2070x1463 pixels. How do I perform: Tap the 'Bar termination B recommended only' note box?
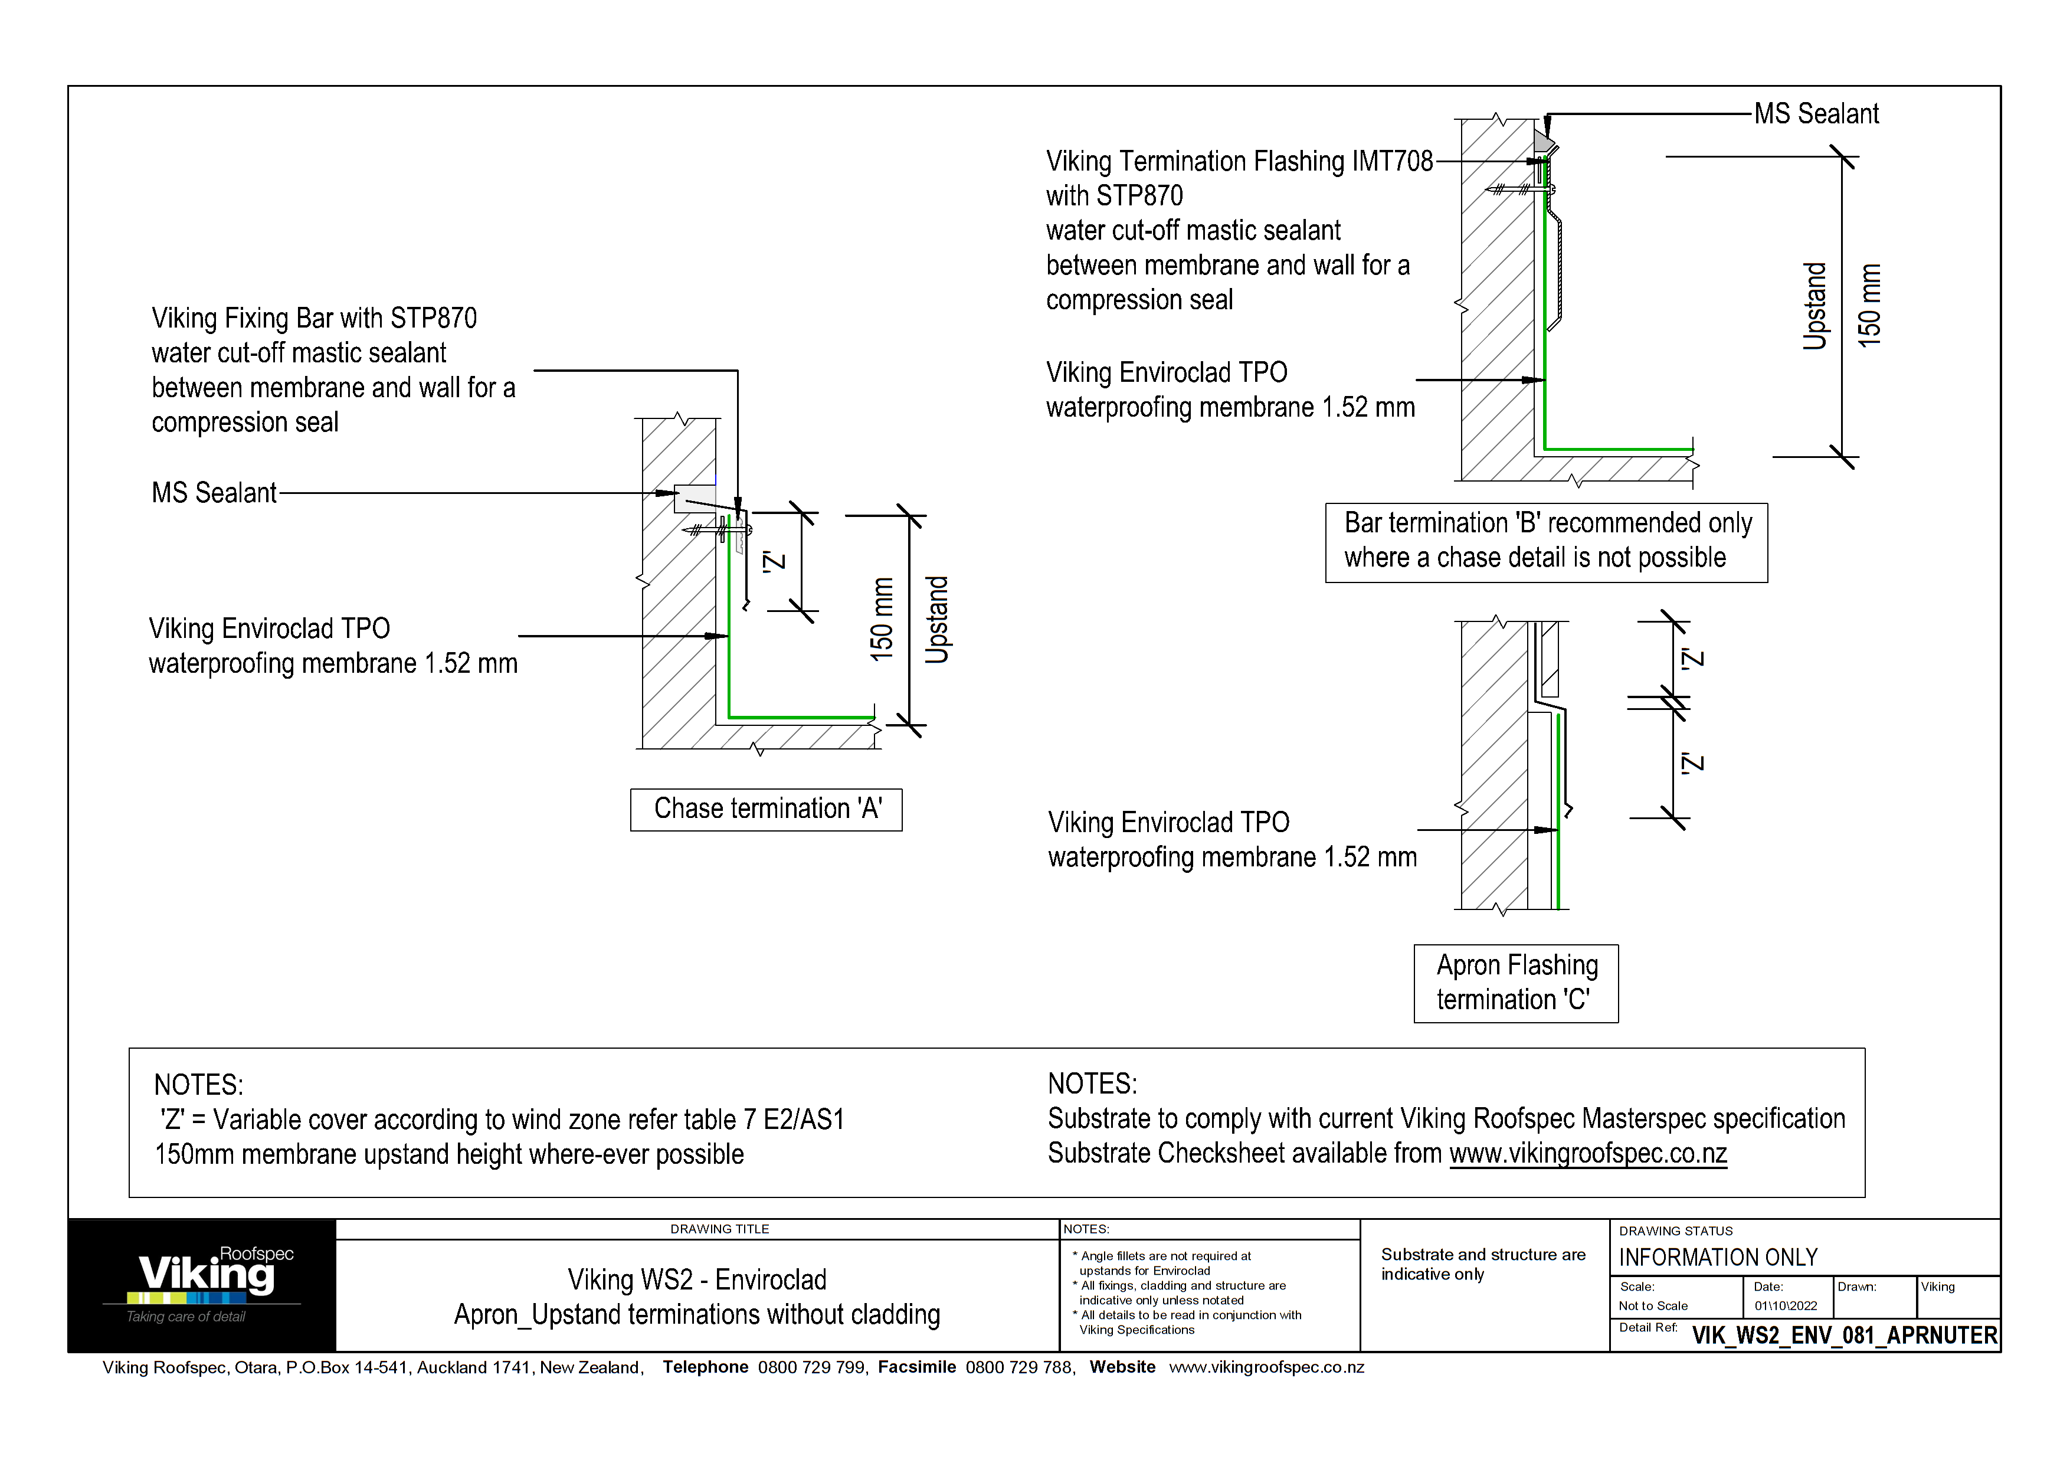(1545, 542)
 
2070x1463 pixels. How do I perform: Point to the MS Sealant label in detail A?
(214, 493)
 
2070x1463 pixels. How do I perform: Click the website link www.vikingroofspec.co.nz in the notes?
(1588, 1154)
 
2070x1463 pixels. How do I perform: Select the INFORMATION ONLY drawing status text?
(1718, 1258)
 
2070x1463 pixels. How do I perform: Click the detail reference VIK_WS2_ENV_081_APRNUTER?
(1844, 1335)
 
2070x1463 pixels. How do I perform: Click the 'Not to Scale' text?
(1653, 1306)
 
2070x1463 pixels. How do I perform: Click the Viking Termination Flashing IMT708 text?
(1239, 161)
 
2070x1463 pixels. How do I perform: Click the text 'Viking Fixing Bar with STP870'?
(314, 318)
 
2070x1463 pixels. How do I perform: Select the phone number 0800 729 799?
(811, 1367)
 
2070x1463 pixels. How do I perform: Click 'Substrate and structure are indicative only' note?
(1482, 1264)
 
